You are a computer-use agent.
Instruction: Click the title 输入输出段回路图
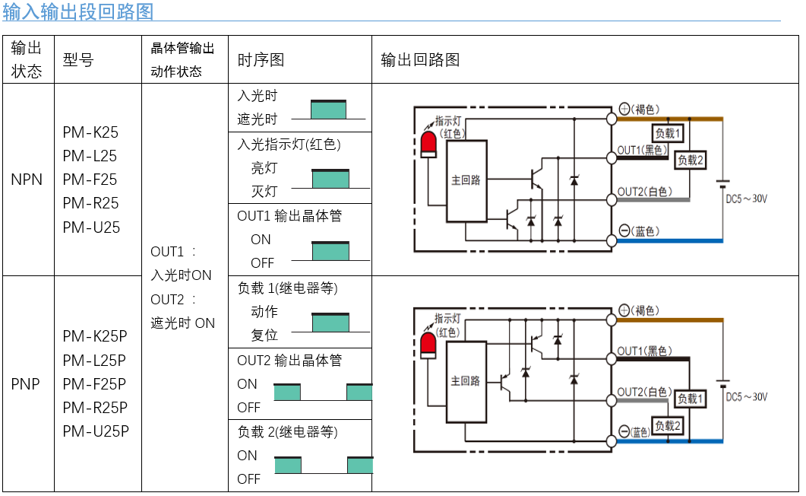click(78, 11)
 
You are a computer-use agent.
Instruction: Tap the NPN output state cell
click(27, 180)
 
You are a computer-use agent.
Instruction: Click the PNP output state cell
click(27, 383)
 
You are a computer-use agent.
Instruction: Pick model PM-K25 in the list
click(90, 132)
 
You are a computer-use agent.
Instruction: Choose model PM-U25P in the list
click(96, 431)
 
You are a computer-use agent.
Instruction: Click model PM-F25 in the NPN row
click(90, 180)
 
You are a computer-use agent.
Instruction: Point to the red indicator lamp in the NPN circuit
click(429, 144)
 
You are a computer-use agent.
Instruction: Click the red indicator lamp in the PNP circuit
click(429, 345)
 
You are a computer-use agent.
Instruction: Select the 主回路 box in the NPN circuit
click(466, 180)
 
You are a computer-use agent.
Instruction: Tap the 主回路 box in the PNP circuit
click(466, 380)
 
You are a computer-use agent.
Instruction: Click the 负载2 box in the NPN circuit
click(691, 160)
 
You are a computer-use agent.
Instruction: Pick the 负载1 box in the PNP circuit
click(691, 399)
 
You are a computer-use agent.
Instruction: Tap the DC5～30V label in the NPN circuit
click(746, 199)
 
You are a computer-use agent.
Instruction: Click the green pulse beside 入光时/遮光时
click(328, 110)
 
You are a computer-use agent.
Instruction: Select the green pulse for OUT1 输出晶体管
click(330, 251)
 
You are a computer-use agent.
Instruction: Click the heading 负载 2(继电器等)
click(287, 432)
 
